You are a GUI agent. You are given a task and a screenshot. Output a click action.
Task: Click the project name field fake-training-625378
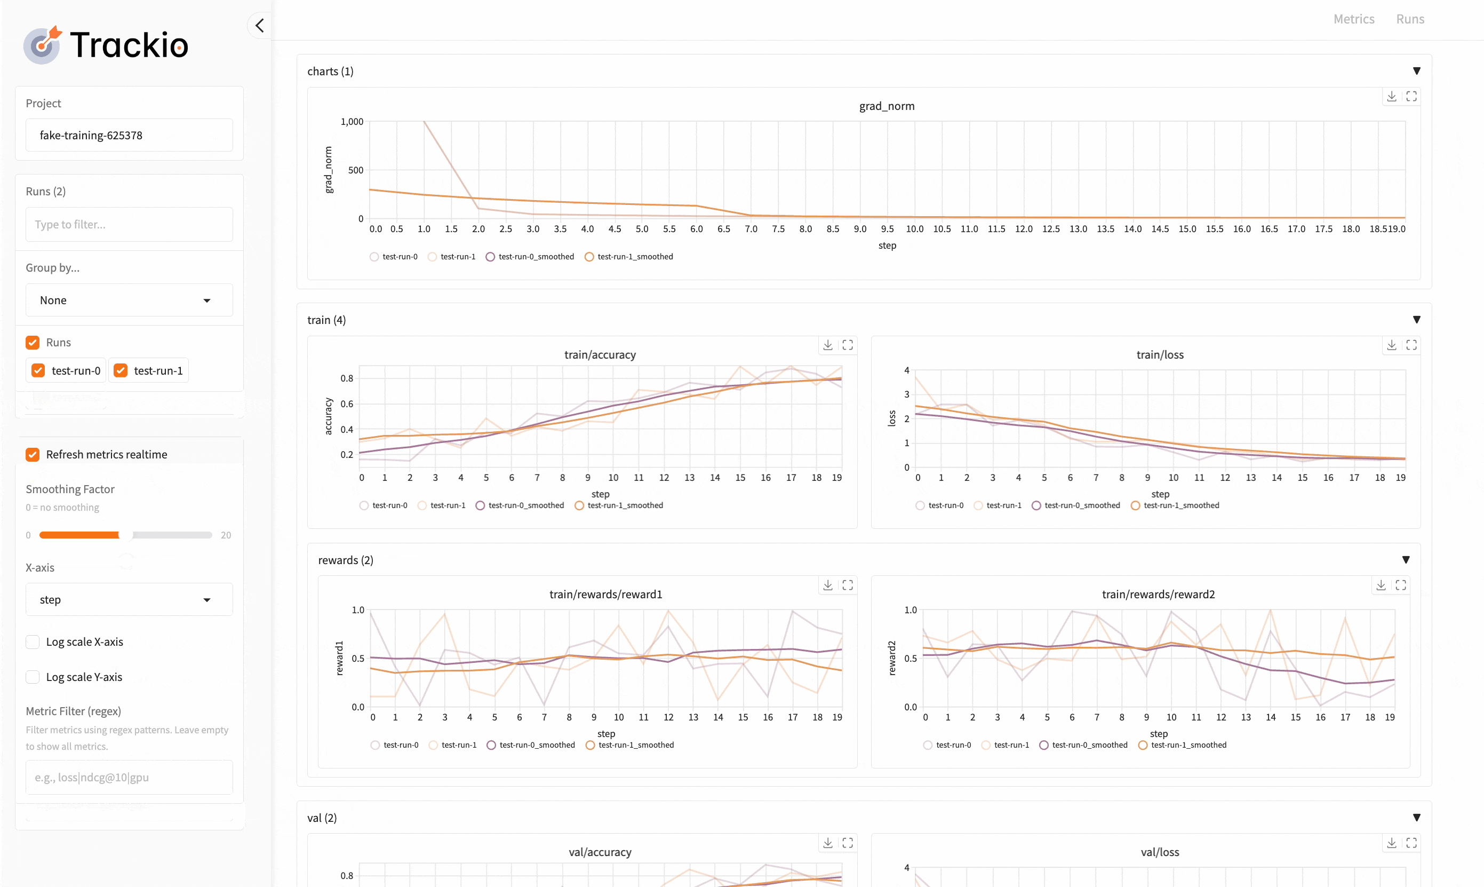pyautogui.click(x=129, y=135)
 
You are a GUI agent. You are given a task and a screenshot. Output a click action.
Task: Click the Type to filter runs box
pyautogui.click(x=129, y=225)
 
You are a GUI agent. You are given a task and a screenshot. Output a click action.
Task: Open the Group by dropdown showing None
pyautogui.click(x=129, y=300)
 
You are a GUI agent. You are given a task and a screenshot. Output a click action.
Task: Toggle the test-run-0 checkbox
pyautogui.click(x=38, y=370)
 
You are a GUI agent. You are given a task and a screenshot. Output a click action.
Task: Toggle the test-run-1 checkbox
pyautogui.click(x=121, y=370)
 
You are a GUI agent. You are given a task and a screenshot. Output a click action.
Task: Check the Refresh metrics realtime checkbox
pyautogui.click(x=33, y=455)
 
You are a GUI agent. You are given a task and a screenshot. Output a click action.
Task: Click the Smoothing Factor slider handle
pyautogui.click(x=126, y=535)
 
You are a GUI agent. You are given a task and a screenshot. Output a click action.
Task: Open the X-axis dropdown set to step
pyautogui.click(x=129, y=599)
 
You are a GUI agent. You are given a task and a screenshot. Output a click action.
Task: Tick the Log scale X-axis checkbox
pyautogui.click(x=33, y=642)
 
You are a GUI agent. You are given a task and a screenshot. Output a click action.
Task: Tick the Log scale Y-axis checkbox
pyautogui.click(x=33, y=677)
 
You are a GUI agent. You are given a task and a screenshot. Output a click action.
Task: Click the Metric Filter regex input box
pyautogui.click(x=129, y=778)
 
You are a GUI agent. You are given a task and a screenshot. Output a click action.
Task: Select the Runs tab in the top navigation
pyautogui.click(x=1410, y=19)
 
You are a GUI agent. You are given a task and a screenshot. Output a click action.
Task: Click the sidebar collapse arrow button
pyautogui.click(x=259, y=26)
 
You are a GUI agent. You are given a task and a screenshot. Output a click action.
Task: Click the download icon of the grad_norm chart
pyautogui.click(x=1391, y=97)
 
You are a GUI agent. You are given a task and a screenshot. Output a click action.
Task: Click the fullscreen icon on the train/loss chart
pyautogui.click(x=1411, y=345)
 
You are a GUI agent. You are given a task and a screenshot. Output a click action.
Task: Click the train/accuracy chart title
pyautogui.click(x=600, y=355)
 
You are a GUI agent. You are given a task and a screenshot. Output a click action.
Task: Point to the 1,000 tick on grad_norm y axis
pyautogui.click(x=352, y=122)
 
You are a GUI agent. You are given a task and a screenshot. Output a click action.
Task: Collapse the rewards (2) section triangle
pyautogui.click(x=1406, y=560)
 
